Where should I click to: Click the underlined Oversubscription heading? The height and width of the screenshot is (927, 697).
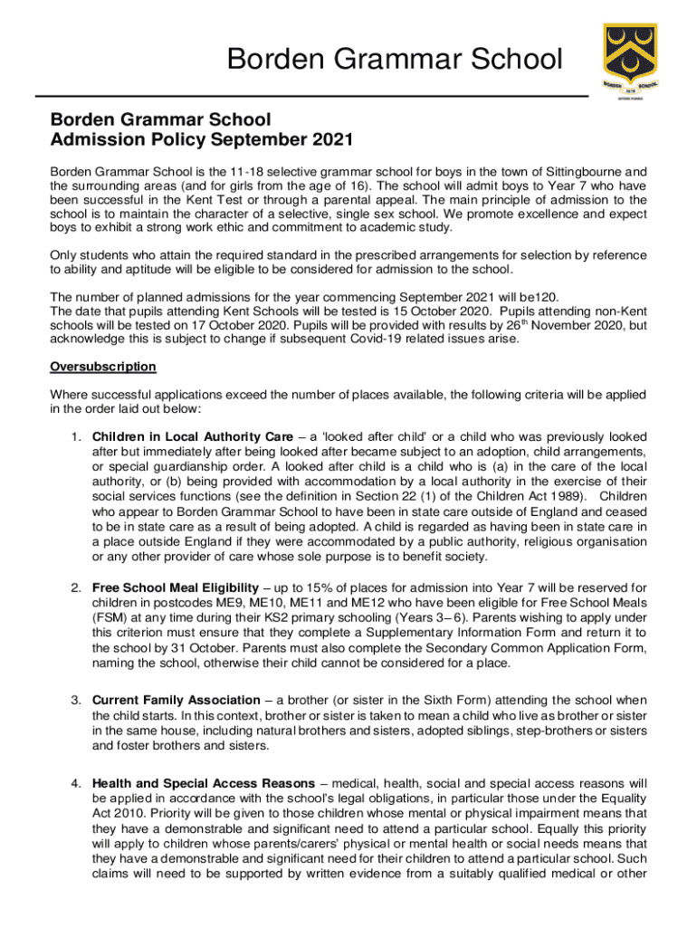coord(103,367)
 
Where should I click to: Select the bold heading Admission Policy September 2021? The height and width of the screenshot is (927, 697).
coord(201,140)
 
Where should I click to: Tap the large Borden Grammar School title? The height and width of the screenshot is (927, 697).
coord(394,60)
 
